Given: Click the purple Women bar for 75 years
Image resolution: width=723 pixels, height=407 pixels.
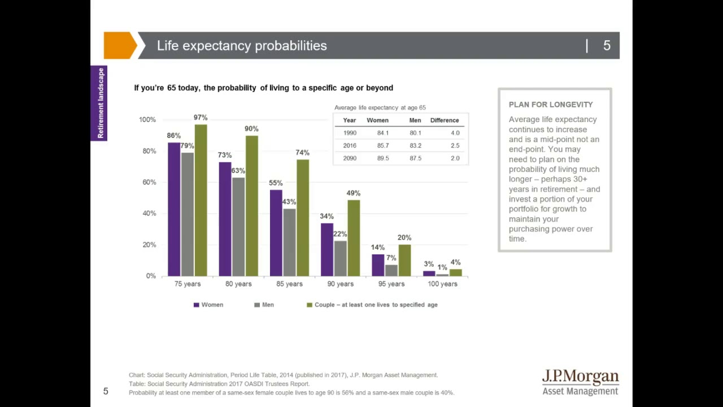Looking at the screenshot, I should [174, 209].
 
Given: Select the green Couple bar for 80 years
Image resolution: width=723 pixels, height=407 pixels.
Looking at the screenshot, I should [251, 206].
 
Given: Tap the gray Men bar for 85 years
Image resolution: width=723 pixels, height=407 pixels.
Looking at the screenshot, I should [289, 242].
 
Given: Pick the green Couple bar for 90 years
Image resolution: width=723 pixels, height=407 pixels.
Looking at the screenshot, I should [354, 238].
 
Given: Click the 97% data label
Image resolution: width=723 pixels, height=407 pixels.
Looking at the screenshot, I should [201, 118].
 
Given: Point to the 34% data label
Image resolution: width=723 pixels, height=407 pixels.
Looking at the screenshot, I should [326, 217].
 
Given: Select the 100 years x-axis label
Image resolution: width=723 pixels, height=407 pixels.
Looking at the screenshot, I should [442, 284].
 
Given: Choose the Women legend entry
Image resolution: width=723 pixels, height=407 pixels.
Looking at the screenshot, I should [208, 305].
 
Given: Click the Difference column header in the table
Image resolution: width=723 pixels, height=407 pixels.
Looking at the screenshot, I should [445, 120].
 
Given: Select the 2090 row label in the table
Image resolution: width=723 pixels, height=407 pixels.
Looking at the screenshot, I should [350, 158].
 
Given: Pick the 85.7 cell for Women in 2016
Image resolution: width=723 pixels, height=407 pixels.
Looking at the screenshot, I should [383, 146].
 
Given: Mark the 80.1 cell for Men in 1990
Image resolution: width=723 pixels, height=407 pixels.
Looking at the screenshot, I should [415, 133].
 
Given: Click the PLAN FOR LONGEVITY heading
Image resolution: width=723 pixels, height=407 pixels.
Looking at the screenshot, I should [551, 105].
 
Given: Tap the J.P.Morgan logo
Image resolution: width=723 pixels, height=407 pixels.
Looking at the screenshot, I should [580, 383].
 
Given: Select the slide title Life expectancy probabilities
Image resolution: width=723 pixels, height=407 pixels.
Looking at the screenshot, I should [242, 46].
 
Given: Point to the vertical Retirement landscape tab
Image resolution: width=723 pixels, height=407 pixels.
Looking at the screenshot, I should [99, 103].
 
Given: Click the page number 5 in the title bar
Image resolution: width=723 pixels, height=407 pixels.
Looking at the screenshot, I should [607, 46].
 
